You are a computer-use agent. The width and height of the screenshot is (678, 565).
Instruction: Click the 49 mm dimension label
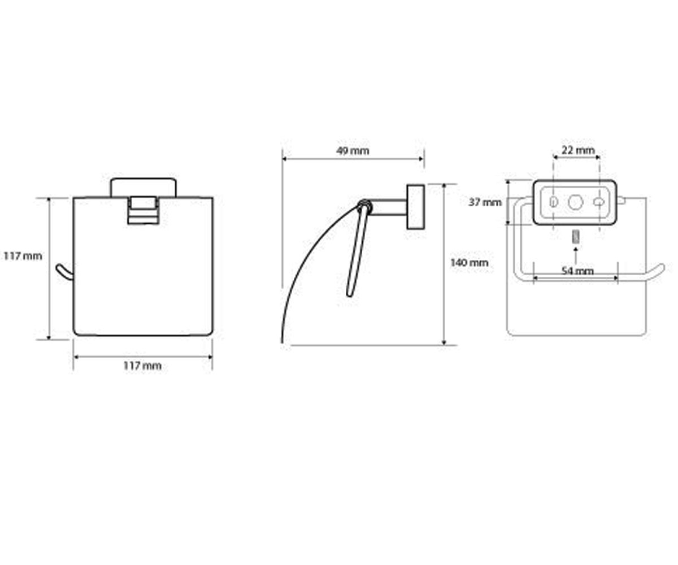353,151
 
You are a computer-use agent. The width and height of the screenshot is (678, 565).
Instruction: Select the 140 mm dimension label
469,263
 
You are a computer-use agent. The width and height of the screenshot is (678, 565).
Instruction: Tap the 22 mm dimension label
579,150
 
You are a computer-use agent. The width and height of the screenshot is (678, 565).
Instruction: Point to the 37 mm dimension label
485,203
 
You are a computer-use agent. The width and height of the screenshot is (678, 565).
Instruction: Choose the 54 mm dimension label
577,271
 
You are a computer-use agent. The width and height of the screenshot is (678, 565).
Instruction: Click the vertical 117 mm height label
23,256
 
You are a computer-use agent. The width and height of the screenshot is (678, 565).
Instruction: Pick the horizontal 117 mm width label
142,366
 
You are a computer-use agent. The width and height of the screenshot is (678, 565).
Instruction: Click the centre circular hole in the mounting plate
575,202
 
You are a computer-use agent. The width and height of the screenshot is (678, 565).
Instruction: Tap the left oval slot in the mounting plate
554,202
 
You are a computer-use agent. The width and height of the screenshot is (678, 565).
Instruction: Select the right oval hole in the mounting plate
599,202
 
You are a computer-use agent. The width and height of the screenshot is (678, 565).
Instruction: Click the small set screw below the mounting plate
576,237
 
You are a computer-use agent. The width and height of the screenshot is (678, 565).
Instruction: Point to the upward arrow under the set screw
576,256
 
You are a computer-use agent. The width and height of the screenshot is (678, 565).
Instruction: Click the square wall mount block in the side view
416,207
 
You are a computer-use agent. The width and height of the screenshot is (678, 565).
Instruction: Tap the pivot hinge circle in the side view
366,206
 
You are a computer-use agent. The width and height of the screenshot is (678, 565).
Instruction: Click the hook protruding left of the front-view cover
64,272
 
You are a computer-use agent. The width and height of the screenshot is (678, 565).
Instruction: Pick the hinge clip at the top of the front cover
144,210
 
